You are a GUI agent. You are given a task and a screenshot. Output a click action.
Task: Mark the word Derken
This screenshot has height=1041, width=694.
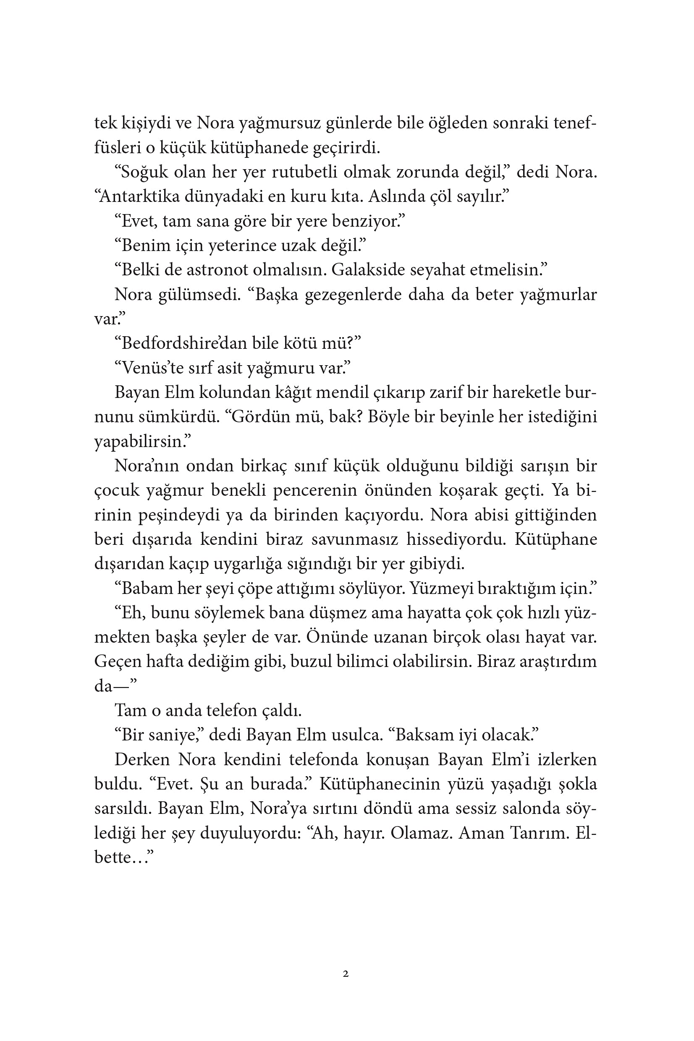click(x=142, y=760)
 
